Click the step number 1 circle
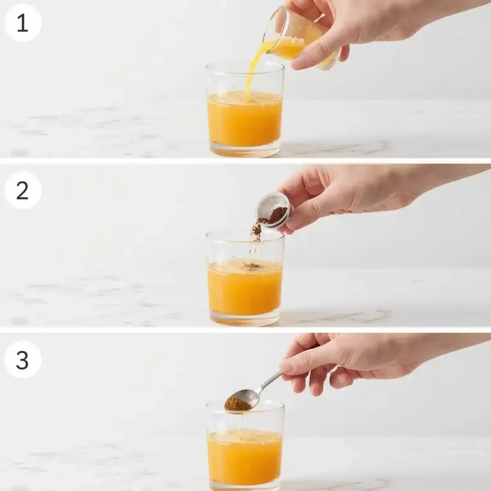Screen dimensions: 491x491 tap(23, 23)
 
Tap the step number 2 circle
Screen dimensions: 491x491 tap(23, 190)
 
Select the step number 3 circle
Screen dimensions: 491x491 tap(23, 360)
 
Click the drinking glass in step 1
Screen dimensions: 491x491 tap(245, 115)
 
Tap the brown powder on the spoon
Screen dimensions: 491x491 tap(237, 404)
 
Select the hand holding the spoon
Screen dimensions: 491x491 tap(345, 360)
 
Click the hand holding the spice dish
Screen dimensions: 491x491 tap(345, 192)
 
